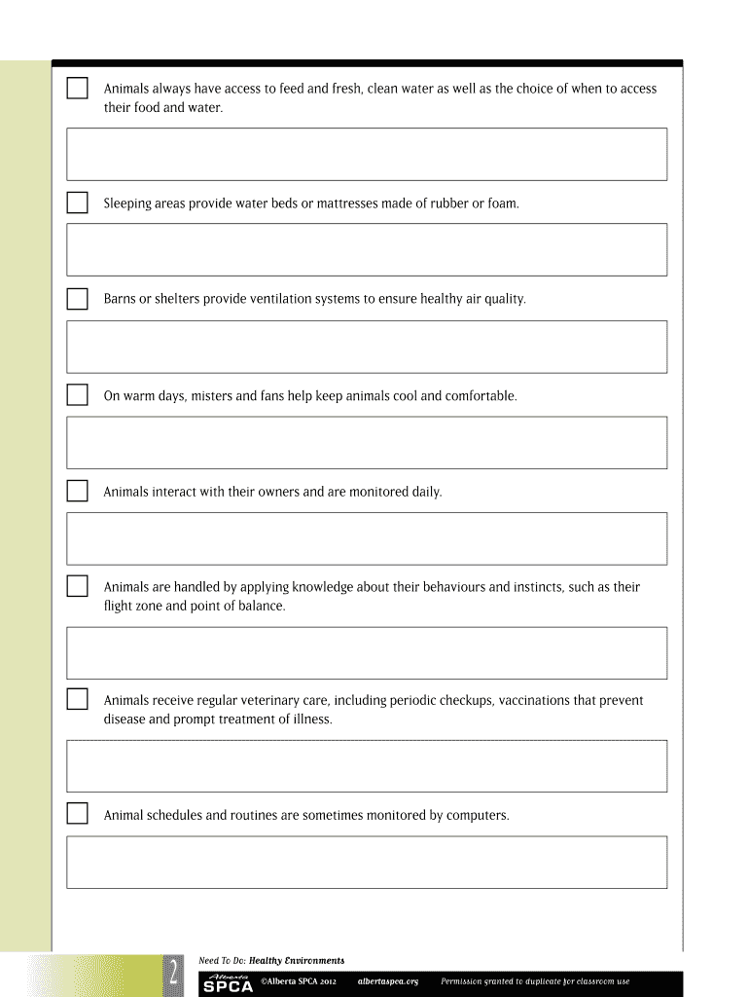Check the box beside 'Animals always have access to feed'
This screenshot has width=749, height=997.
[x=77, y=89]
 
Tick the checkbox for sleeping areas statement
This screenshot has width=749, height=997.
[x=77, y=203]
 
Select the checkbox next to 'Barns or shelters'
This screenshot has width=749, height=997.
[x=77, y=299]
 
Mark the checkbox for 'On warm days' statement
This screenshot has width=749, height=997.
[x=77, y=395]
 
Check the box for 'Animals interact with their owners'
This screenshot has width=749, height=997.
[x=77, y=491]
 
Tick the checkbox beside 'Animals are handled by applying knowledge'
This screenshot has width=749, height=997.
[x=77, y=587]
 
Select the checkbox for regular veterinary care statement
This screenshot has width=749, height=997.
[x=77, y=700]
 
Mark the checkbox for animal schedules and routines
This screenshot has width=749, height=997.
[x=77, y=814]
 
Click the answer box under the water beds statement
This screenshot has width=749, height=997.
[x=366, y=250]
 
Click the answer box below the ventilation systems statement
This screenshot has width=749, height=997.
[x=366, y=347]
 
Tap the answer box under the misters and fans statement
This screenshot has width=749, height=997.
[x=366, y=443]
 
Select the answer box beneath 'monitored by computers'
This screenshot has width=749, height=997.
[x=366, y=862]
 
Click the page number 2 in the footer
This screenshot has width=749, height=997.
[x=171, y=973]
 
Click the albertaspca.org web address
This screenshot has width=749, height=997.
[x=388, y=981]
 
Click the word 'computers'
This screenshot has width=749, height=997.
[x=477, y=815]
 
